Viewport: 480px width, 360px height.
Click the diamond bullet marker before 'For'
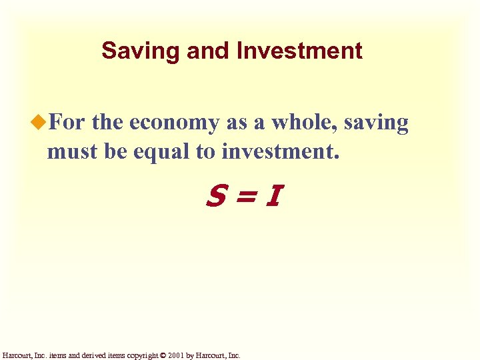[40, 123]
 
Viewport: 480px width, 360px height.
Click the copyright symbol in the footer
[163, 355]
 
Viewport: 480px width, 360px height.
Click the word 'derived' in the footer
[91, 355]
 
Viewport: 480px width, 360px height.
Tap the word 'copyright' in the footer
[140, 355]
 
